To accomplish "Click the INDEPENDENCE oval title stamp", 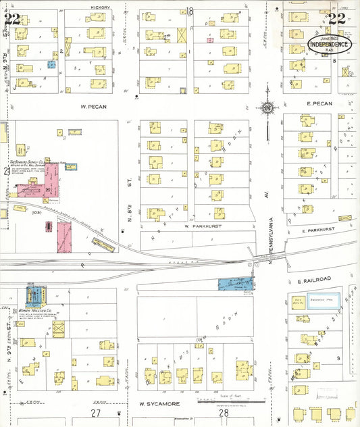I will pyautogui.click(x=330, y=44).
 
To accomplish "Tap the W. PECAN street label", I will pyautogui.click(x=95, y=106).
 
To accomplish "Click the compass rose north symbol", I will pyautogui.click(x=268, y=107).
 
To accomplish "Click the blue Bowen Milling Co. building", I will pyautogui.click(x=33, y=295).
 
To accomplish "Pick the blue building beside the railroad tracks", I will pyautogui.click(x=235, y=283).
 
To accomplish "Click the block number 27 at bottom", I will pyautogui.click(x=96, y=412).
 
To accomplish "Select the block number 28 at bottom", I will pyautogui.click(x=224, y=412).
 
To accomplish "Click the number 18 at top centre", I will pyautogui.click(x=190, y=11).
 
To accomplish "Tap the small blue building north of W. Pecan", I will pyautogui.click(x=51, y=65).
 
